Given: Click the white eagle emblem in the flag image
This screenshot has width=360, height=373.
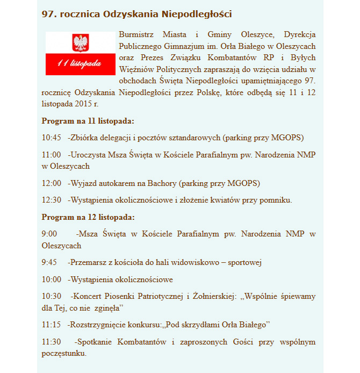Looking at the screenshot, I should pyautogui.click(x=80, y=43).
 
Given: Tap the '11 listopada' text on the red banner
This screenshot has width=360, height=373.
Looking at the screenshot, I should pyautogui.click(x=80, y=64).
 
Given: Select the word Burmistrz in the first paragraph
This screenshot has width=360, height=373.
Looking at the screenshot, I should pyautogui.click(x=135, y=34).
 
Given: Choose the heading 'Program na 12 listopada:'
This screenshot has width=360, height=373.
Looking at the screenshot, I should pyautogui.click(x=88, y=217).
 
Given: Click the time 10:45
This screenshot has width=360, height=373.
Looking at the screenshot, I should pyautogui.click(x=52, y=137).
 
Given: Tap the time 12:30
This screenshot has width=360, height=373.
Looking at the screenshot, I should pyautogui.click(x=52, y=200).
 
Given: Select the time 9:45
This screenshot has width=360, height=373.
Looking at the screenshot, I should pyautogui.click(x=49, y=262).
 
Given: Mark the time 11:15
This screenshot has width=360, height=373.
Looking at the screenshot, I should pyautogui.click(x=52, y=325).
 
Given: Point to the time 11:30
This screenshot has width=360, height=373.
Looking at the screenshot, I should pyautogui.click(x=52, y=342).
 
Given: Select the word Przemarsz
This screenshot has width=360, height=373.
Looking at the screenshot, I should pyautogui.click(x=88, y=262).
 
